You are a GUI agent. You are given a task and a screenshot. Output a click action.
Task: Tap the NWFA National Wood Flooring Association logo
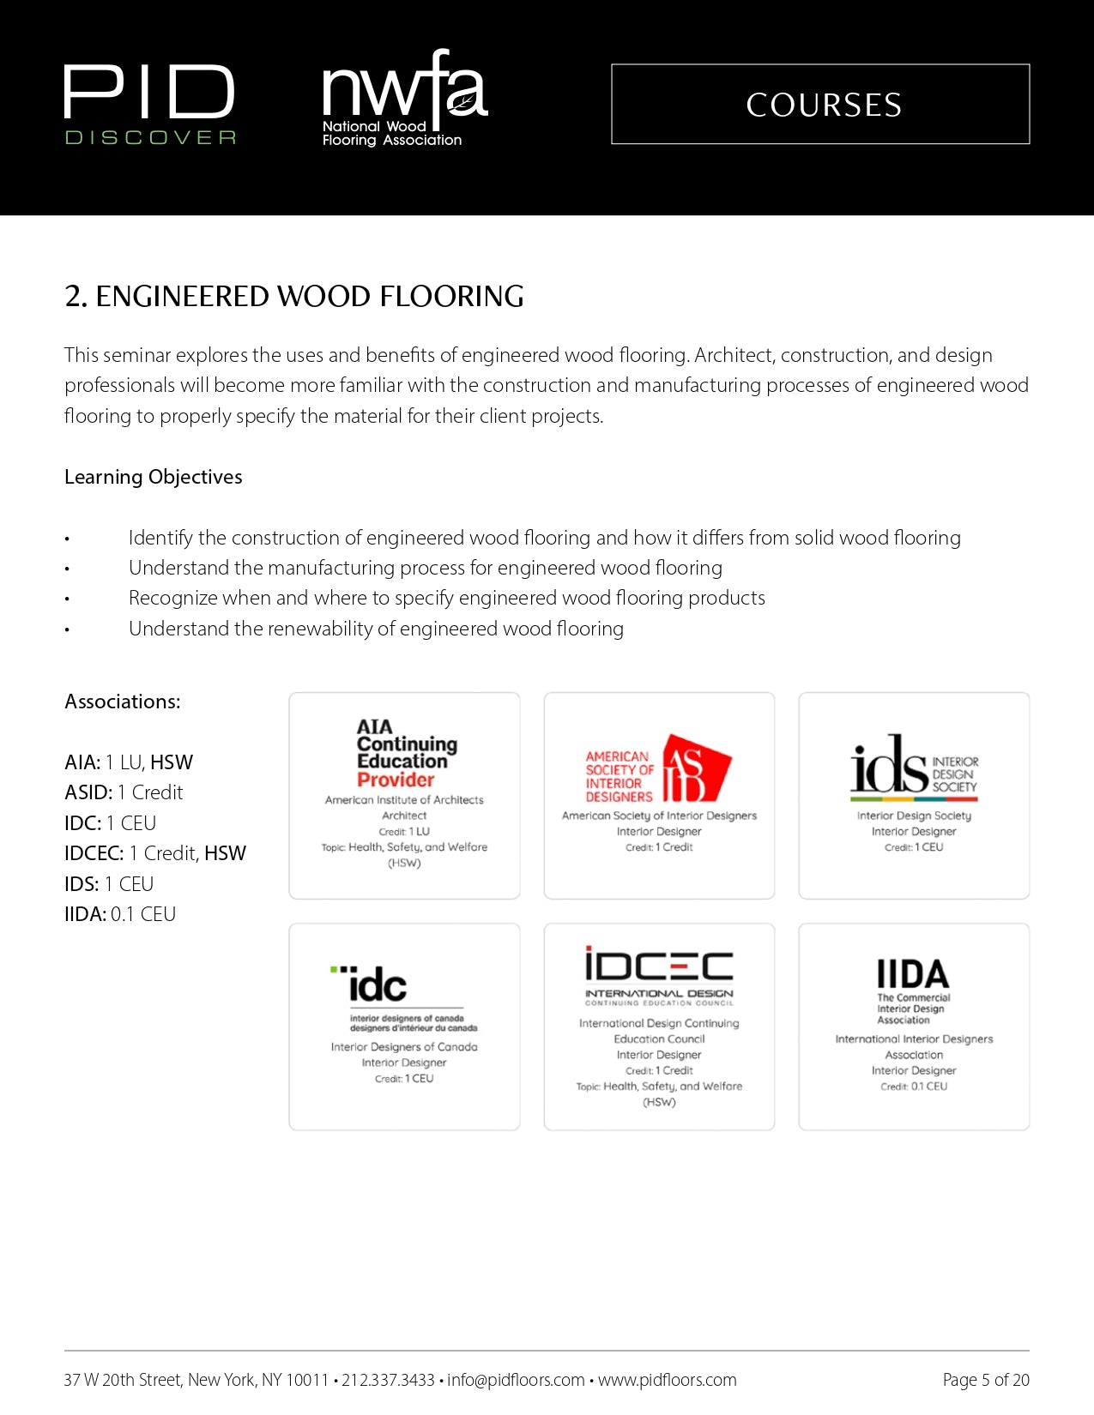tap(403, 99)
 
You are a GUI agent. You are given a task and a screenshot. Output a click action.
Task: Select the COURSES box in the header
tap(820, 105)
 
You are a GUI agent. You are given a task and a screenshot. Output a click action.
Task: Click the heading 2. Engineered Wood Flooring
tap(294, 296)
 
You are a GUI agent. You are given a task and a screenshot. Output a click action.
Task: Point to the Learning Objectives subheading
tap(154, 477)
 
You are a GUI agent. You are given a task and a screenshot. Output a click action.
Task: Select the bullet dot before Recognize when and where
tap(67, 599)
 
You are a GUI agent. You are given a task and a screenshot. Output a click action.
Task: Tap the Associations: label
tap(123, 701)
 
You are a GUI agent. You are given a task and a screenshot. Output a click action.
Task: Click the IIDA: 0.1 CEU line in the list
tap(120, 914)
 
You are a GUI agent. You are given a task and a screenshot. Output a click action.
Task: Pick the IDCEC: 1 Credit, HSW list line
tap(155, 853)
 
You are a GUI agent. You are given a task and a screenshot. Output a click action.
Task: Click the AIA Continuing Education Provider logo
tap(404, 754)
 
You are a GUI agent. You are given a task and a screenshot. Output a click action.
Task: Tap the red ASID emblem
tap(696, 768)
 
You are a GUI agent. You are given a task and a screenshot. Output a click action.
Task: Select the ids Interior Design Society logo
tap(914, 766)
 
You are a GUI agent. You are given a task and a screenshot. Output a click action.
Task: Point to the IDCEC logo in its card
tap(659, 975)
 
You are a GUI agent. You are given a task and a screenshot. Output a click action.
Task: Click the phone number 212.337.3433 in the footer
tap(388, 1380)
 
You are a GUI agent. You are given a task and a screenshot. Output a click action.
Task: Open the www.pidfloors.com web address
tap(667, 1380)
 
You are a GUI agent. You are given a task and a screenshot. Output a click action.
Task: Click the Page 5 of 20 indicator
tap(985, 1380)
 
